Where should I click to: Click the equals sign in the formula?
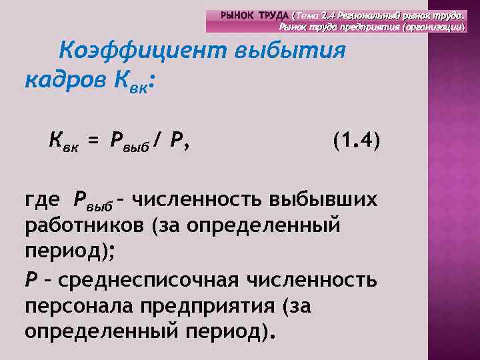93,141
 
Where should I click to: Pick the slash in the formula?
156,141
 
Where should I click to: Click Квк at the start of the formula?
63,142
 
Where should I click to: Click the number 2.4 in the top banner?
327,15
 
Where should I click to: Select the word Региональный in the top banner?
364,15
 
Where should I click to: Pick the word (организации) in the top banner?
435,26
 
